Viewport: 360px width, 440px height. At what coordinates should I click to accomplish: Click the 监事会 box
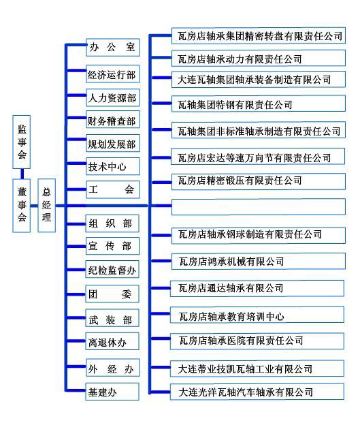point(22,142)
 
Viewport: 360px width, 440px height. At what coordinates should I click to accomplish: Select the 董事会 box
point(22,206)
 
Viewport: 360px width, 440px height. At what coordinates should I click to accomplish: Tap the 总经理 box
point(46,206)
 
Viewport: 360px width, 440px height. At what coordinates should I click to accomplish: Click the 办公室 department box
point(113,48)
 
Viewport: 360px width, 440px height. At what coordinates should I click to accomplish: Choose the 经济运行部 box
point(113,74)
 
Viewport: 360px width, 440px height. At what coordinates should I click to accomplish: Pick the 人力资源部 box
point(113,97)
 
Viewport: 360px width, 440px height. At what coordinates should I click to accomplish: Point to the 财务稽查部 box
point(113,120)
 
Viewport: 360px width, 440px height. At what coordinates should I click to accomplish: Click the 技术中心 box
point(113,166)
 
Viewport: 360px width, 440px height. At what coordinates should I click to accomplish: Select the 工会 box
point(113,190)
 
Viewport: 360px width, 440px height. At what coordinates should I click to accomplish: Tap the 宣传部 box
point(112,246)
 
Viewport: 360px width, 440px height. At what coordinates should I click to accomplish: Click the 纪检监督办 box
point(112,270)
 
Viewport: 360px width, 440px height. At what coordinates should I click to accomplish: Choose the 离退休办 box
point(112,341)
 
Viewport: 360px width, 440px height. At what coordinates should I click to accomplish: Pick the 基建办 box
point(112,392)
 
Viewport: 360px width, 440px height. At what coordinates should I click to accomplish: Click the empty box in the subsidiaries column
point(258,207)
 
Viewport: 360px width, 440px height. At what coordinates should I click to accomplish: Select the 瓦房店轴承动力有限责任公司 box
point(258,58)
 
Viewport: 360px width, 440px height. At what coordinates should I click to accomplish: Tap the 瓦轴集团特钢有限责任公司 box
point(258,104)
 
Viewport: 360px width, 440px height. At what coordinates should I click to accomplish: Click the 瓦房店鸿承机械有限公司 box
point(258,262)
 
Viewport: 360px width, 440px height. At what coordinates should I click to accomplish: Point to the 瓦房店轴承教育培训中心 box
point(257,315)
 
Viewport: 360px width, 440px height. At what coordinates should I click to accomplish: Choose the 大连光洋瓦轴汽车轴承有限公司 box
point(257,392)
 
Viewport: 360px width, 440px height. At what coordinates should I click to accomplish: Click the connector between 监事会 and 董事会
point(22,174)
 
